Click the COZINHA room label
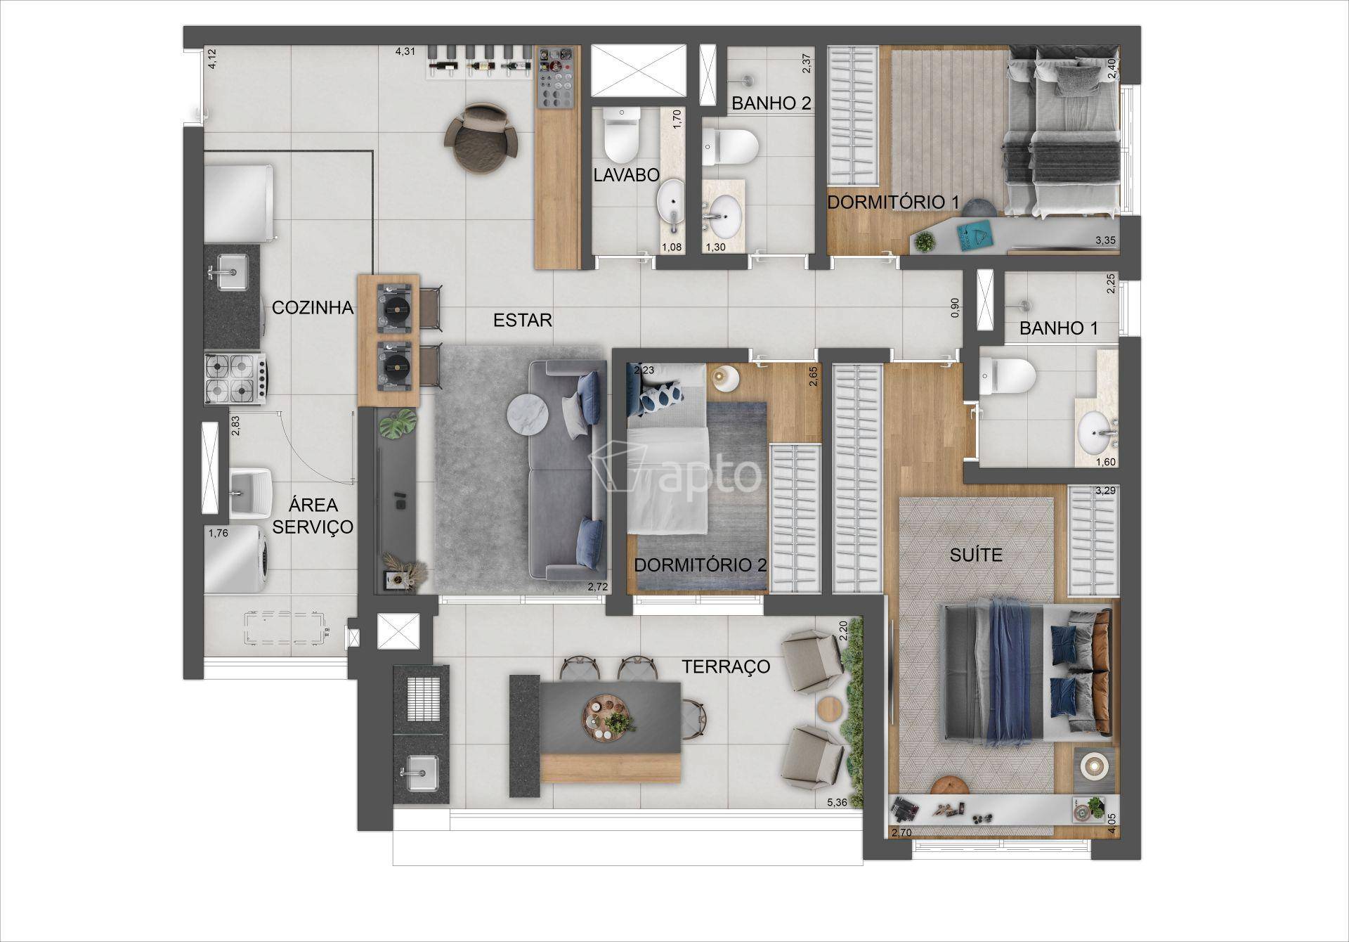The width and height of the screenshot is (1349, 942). pos(313,307)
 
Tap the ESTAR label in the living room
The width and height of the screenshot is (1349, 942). pos(523,321)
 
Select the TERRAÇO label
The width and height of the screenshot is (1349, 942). pos(726,666)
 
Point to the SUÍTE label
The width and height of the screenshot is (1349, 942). pos(976,555)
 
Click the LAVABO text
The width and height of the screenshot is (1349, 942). pos(626,175)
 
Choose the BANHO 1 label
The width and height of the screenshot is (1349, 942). pos(1059,328)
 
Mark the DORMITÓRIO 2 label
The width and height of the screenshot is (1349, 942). pos(700,565)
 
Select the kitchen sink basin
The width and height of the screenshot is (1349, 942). pos(230,270)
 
